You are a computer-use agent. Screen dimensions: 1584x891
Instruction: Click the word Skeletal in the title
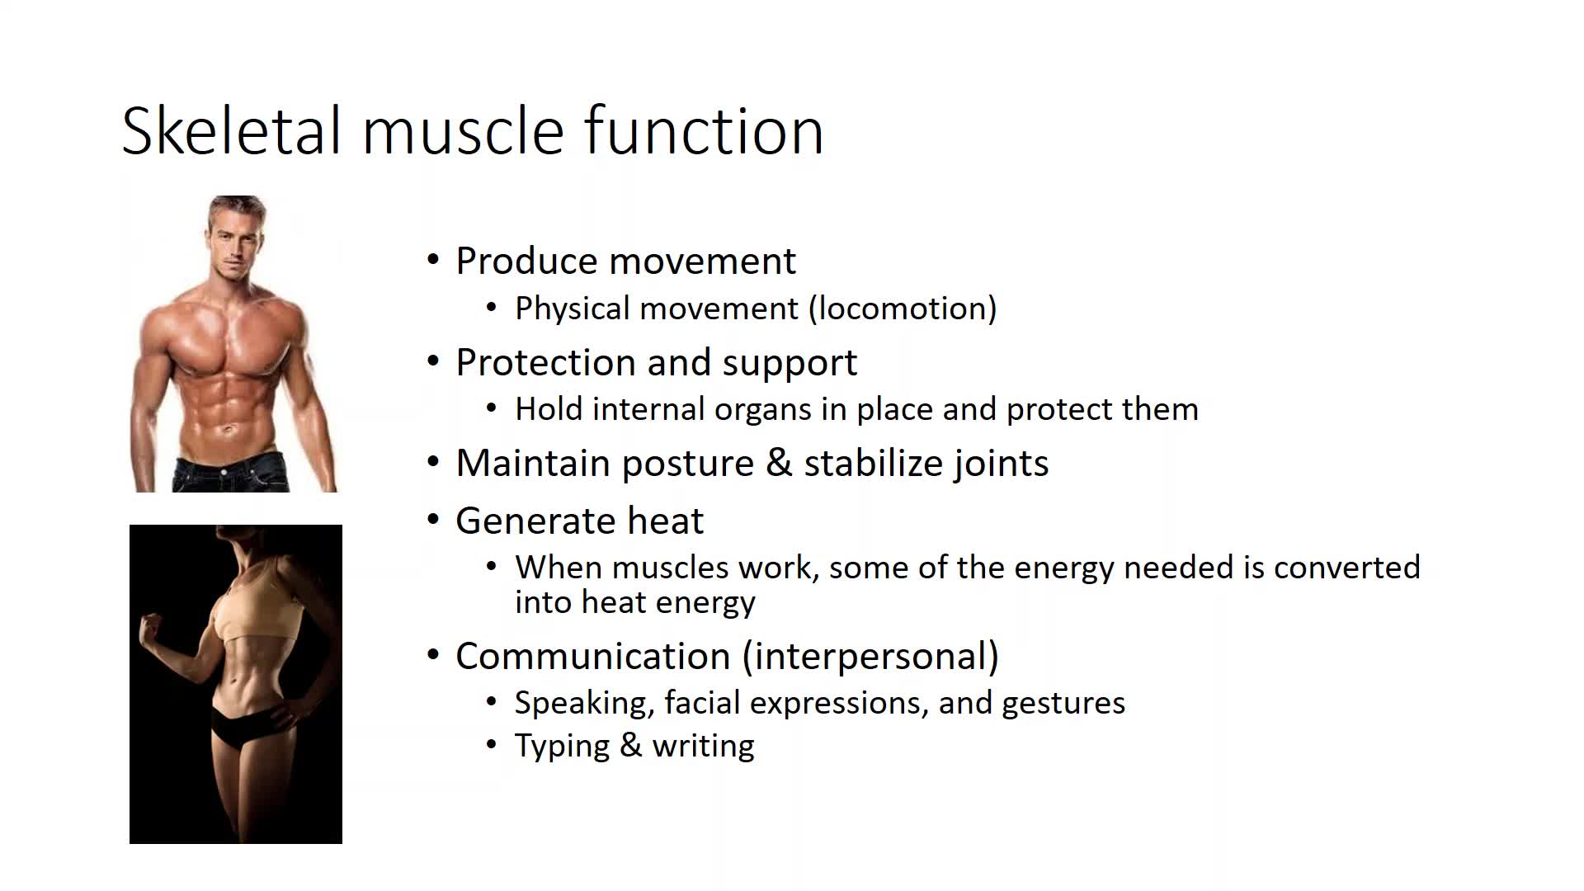231,130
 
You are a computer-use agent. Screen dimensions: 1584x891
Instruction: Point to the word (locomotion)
903,309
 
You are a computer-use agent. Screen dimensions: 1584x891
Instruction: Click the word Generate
535,521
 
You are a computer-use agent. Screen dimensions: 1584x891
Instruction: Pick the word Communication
593,657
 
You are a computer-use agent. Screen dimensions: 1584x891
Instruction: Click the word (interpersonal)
870,657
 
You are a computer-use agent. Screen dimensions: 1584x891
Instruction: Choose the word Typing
562,747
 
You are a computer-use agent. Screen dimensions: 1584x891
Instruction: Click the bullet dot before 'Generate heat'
434,521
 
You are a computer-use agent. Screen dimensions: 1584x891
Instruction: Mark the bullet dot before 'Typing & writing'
492,744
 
